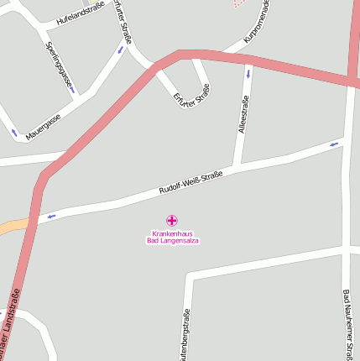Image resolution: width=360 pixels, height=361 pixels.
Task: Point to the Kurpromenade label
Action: click(x=257, y=22)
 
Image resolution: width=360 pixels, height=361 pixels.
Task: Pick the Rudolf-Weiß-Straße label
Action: click(x=190, y=184)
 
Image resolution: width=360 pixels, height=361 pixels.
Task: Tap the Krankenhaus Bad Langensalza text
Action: click(x=172, y=237)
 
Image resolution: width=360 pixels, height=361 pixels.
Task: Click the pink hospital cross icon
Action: click(x=172, y=220)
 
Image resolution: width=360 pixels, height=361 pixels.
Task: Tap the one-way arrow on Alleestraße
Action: click(x=248, y=74)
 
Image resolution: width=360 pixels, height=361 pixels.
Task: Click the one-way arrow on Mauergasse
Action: click(x=14, y=133)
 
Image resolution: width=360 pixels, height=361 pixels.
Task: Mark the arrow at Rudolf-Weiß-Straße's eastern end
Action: click(x=335, y=144)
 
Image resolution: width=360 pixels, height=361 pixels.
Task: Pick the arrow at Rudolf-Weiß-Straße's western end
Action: click(x=52, y=216)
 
